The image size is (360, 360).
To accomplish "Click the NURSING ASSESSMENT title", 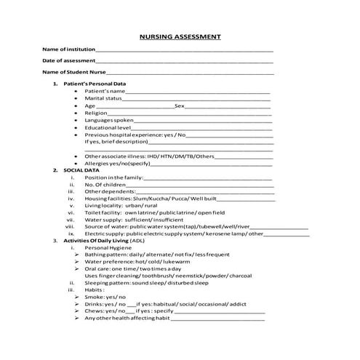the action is coord(180,36).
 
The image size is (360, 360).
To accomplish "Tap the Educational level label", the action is coord(107,127).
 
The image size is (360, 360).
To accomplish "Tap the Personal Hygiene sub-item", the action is coord(108,247).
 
